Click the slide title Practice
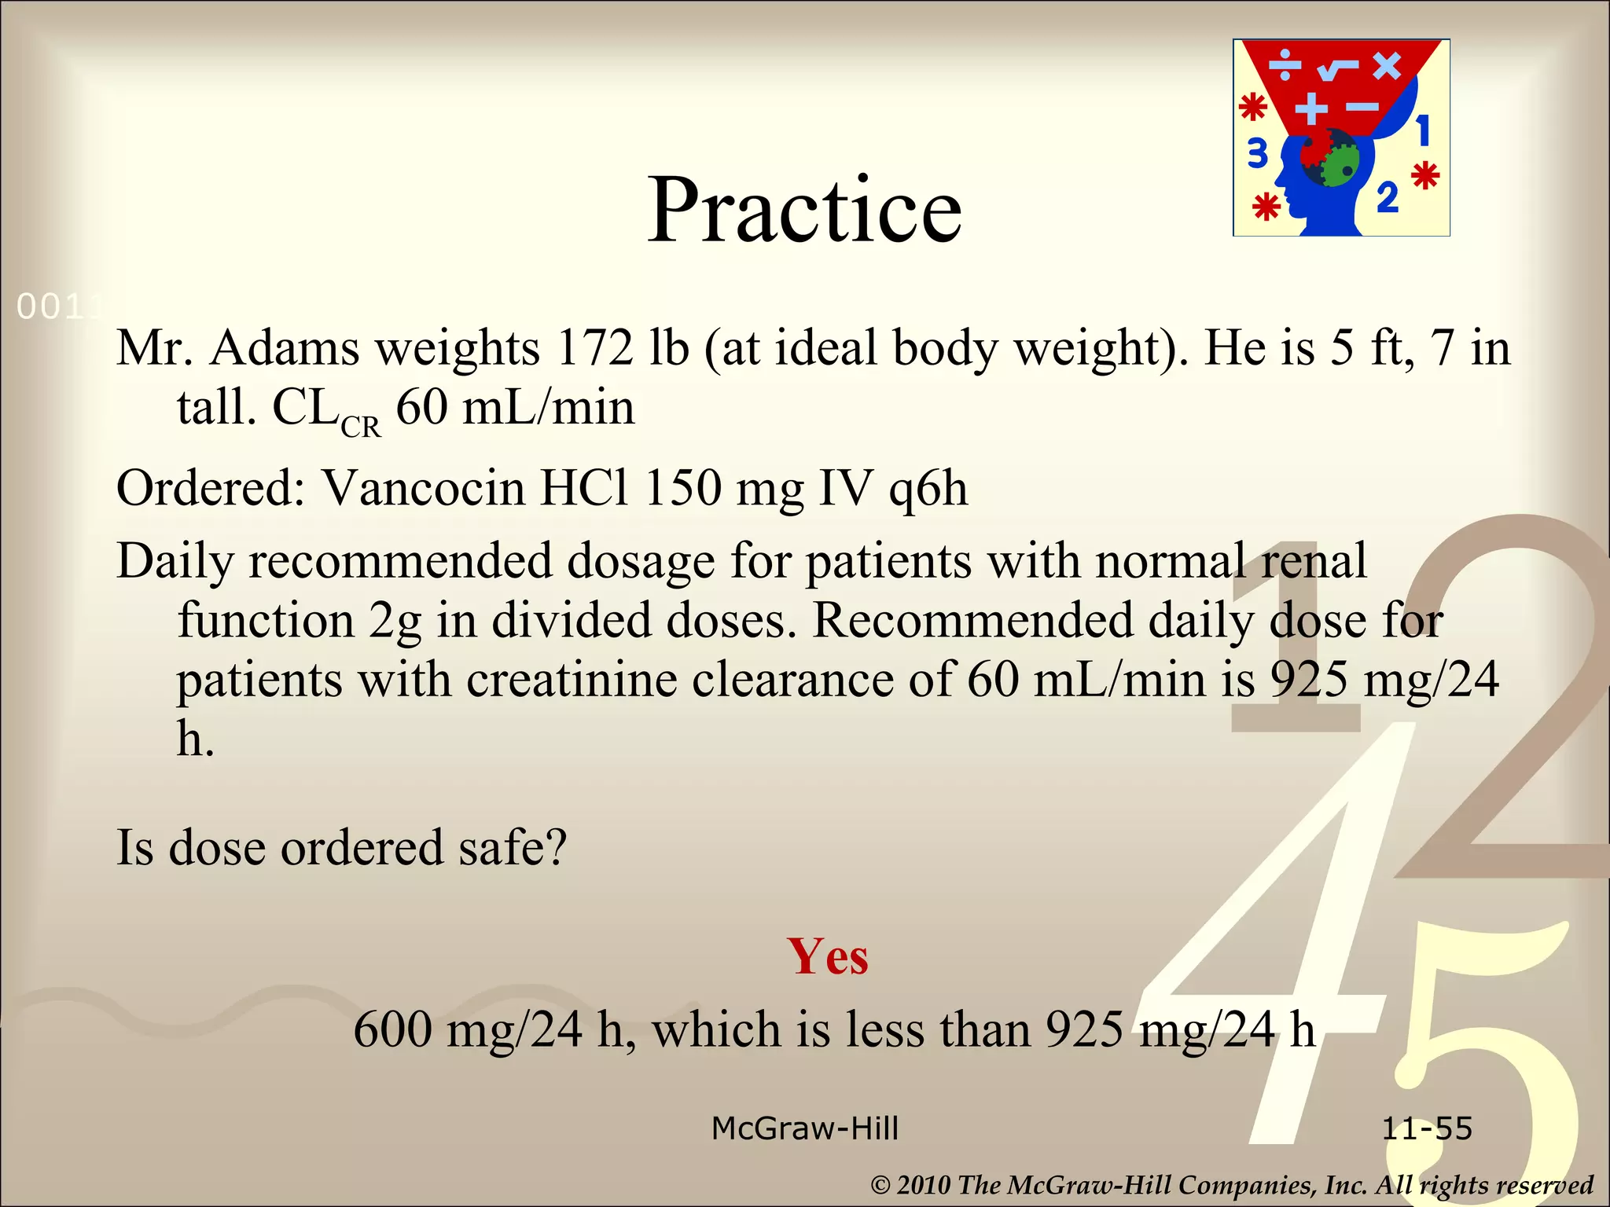coord(804,210)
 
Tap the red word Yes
coord(828,956)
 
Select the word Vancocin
coord(423,488)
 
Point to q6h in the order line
coord(928,490)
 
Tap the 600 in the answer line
coord(392,1029)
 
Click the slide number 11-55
coord(1426,1129)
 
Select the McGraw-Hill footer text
coord(804,1129)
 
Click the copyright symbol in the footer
coord(880,1185)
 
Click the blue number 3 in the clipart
coord(1258,154)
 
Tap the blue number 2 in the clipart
coord(1388,197)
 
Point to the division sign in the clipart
coord(1286,65)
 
